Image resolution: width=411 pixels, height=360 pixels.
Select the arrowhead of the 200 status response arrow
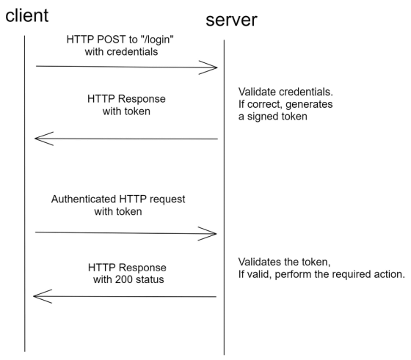[x=41, y=296]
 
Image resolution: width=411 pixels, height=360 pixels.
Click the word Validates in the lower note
[x=261, y=262]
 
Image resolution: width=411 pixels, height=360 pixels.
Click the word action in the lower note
[x=388, y=275]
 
